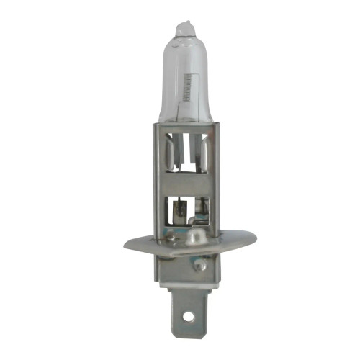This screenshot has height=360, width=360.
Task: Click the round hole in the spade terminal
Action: point(189,314)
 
